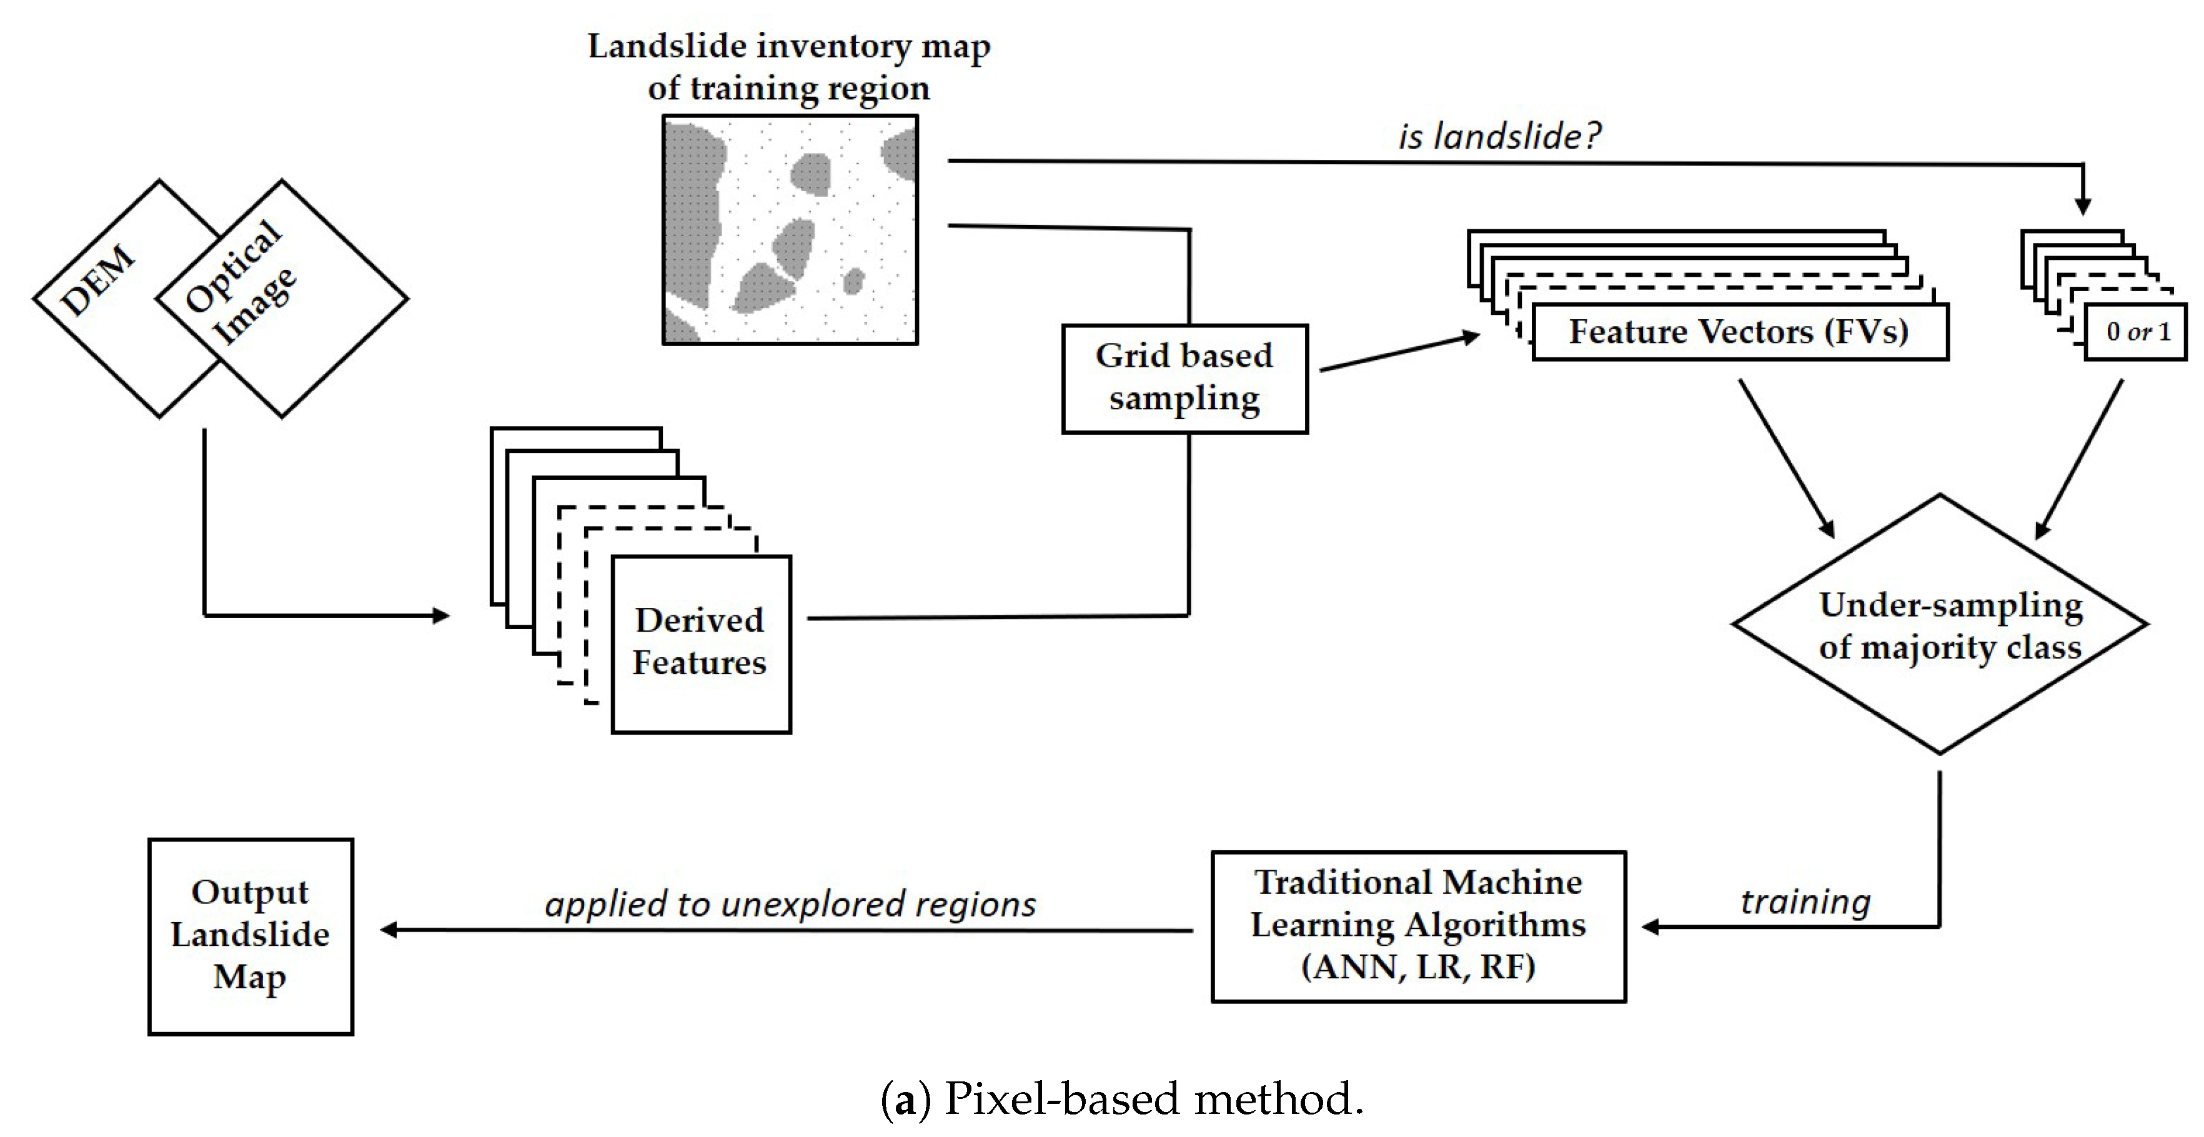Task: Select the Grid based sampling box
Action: click(1184, 378)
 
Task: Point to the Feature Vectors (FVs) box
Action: click(1739, 332)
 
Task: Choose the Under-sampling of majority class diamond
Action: click(1940, 625)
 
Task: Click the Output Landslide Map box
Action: click(250, 935)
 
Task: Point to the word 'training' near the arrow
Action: click(1805, 901)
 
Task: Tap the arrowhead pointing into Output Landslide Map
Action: click(387, 930)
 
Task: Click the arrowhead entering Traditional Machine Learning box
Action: click(1651, 926)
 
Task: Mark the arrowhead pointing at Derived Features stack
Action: click(442, 615)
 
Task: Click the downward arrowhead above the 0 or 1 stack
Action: click(2083, 207)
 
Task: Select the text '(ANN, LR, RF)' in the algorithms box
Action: click(1417, 966)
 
